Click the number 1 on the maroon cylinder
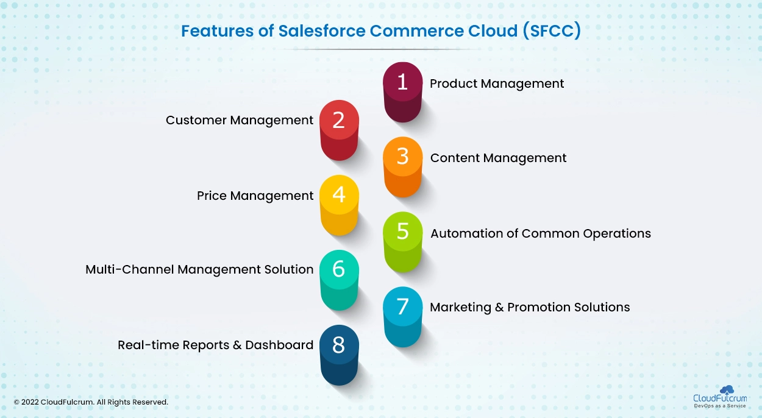(x=402, y=82)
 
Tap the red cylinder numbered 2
(x=339, y=130)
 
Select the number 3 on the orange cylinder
(x=403, y=157)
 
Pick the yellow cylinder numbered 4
(x=339, y=205)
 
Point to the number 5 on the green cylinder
(x=403, y=232)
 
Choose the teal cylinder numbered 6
(x=339, y=280)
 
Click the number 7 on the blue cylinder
(x=402, y=306)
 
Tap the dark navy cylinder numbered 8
(x=339, y=355)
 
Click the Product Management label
(x=497, y=83)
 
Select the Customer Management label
(x=240, y=121)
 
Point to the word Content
(x=455, y=158)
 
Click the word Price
(x=212, y=196)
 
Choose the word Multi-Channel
(x=130, y=269)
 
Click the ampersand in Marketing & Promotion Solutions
(x=499, y=307)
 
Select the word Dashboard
(x=279, y=345)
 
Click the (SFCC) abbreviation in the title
(x=552, y=30)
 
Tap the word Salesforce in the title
(x=321, y=30)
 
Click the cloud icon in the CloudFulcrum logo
(x=727, y=390)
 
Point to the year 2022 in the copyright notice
(x=30, y=402)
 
